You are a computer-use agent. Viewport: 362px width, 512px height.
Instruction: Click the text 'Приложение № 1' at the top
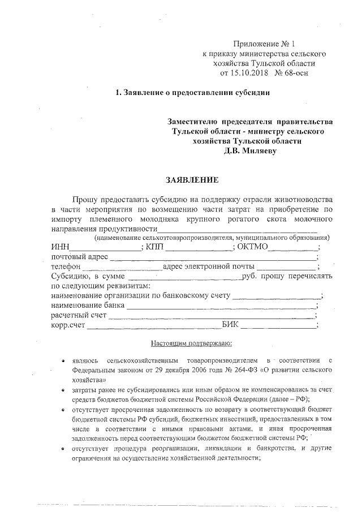[264, 44]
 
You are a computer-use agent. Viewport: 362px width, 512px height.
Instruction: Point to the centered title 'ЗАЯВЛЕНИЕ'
[191, 180]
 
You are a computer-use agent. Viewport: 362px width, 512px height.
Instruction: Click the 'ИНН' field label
[59, 247]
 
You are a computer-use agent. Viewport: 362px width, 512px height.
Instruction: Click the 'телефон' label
[66, 267]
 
